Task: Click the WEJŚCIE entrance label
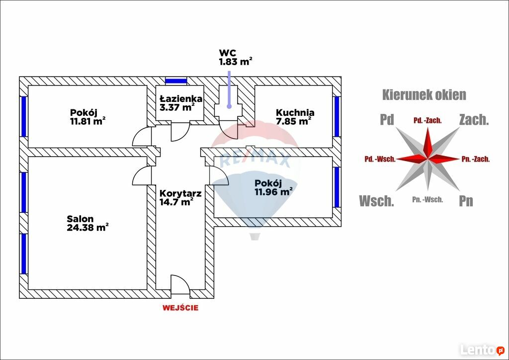[x=180, y=308]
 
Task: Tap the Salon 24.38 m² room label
[x=87, y=223]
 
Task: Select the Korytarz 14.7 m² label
[x=180, y=198]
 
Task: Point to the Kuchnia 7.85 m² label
[x=295, y=116]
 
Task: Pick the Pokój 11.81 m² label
[x=87, y=116]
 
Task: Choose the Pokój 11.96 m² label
[x=273, y=187]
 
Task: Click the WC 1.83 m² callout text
[x=236, y=57]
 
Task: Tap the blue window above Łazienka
[x=176, y=81]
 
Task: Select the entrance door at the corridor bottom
[x=180, y=284]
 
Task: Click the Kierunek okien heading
[x=424, y=94]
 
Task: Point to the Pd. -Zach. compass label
[x=428, y=120]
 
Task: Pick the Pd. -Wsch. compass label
[x=380, y=159]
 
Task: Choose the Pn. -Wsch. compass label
[x=427, y=200]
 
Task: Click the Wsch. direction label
[x=376, y=201]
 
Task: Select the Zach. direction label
[x=474, y=119]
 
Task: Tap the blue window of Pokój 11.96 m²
[x=337, y=187]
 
